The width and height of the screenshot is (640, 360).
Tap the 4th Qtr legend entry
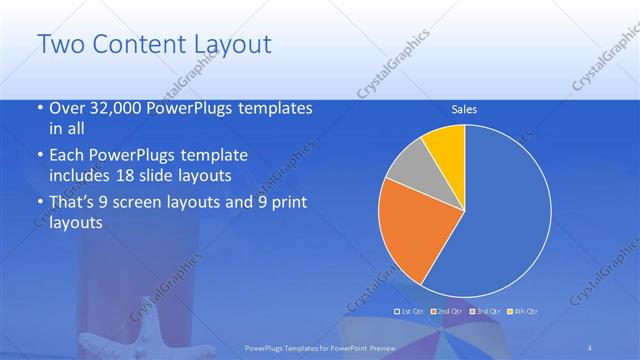pos(522,311)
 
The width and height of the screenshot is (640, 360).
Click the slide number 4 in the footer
pos(589,347)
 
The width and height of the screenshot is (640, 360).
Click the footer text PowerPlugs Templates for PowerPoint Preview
pos(320,347)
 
